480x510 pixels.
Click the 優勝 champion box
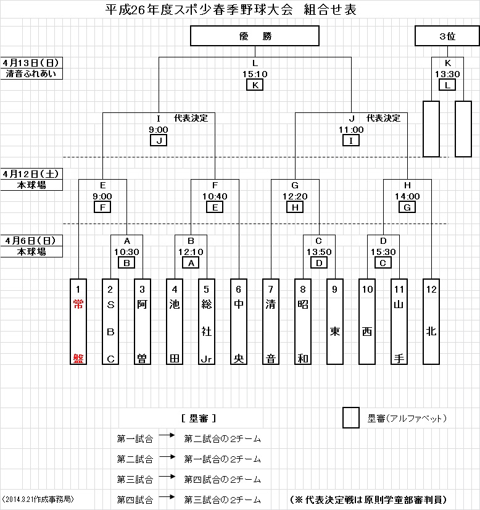(x=255, y=36)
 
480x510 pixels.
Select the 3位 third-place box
(x=447, y=36)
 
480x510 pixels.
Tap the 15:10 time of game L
(x=255, y=74)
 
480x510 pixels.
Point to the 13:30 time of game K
(x=447, y=74)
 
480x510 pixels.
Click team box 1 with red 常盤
(x=78, y=322)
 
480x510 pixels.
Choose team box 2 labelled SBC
(x=110, y=322)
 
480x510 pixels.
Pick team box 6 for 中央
(x=239, y=322)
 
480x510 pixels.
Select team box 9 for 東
(x=335, y=322)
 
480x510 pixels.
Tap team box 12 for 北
(x=431, y=322)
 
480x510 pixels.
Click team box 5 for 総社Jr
(x=207, y=322)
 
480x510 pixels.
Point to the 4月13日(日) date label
(x=32, y=63)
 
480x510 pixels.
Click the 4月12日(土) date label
(x=32, y=174)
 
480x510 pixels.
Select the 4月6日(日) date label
(x=32, y=241)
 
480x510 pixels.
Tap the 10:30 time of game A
(x=126, y=252)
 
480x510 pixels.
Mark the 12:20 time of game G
(x=295, y=196)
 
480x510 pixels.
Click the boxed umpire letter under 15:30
(x=383, y=262)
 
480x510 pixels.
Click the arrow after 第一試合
(x=167, y=436)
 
